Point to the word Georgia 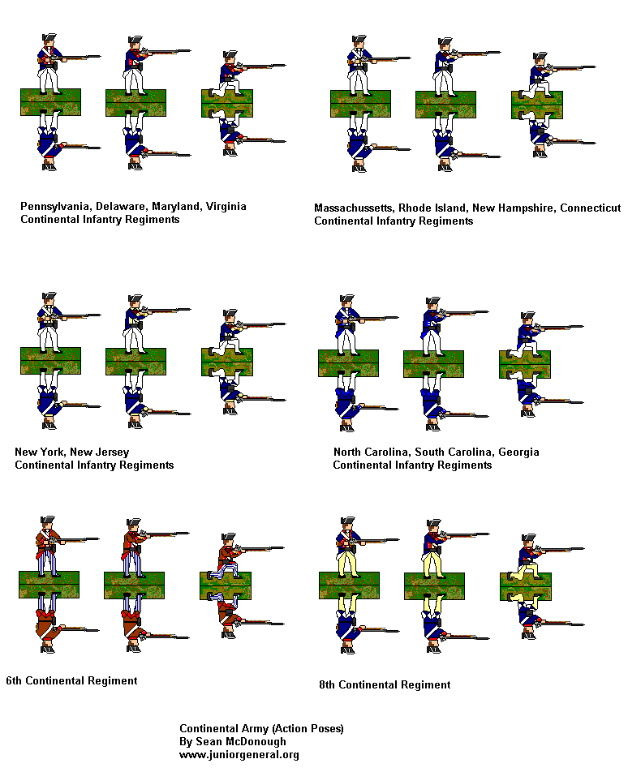click(x=519, y=452)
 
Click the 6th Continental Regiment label click(x=71, y=680)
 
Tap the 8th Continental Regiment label click(x=385, y=684)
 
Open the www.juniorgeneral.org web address click(x=239, y=754)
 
